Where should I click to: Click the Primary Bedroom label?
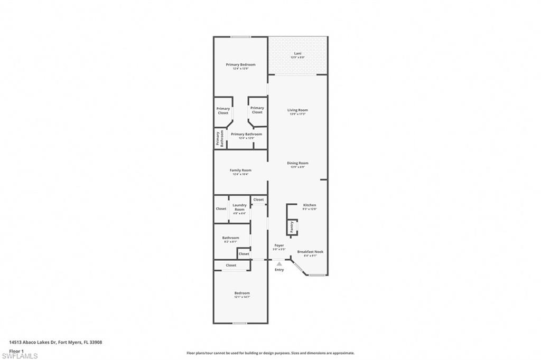(x=240, y=65)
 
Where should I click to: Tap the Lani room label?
(x=298, y=54)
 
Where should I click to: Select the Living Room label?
(x=297, y=110)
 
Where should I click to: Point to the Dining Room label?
(x=297, y=164)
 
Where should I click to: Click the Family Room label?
(x=240, y=170)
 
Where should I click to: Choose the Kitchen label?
(x=310, y=205)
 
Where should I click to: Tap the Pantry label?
(x=292, y=227)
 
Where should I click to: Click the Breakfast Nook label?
(x=310, y=252)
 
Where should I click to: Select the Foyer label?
(x=279, y=245)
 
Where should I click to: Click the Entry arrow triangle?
(x=279, y=263)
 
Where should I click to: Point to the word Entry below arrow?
(x=279, y=270)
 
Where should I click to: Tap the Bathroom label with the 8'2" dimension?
(x=230, y=238)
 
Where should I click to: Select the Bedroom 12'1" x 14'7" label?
(x=242, y=293)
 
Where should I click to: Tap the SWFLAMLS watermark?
(x=20, y=356)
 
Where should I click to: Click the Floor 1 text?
(x=16, y=350)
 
